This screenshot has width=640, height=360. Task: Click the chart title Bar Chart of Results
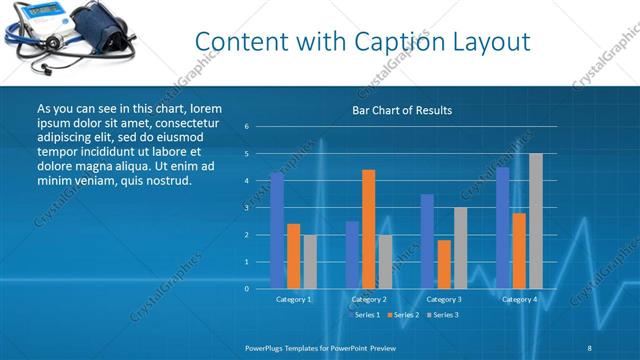[x=402, y=110]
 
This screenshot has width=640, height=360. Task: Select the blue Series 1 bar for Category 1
[x=277, y=230]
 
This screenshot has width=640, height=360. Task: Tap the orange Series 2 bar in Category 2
[x=368, y=229]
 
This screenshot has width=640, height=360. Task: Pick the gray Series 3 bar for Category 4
[x=535, y=221]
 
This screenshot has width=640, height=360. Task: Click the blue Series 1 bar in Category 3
[x=427, y=241]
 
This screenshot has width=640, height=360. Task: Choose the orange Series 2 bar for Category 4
[x=519, y=250]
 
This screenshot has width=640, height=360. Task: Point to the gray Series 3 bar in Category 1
[x=309, y=261]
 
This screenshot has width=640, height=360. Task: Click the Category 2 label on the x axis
[x=369, y=299]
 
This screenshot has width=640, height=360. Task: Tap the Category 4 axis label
[x=519, y=299]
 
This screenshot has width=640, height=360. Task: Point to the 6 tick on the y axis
[x=246, y=127]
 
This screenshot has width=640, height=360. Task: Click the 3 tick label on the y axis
[x=246, y=208]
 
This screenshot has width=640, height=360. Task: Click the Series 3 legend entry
[x=443, y=315]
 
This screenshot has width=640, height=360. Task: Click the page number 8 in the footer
[x=590, y=347]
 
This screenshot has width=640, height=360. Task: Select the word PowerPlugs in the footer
[x=266, y=347]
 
